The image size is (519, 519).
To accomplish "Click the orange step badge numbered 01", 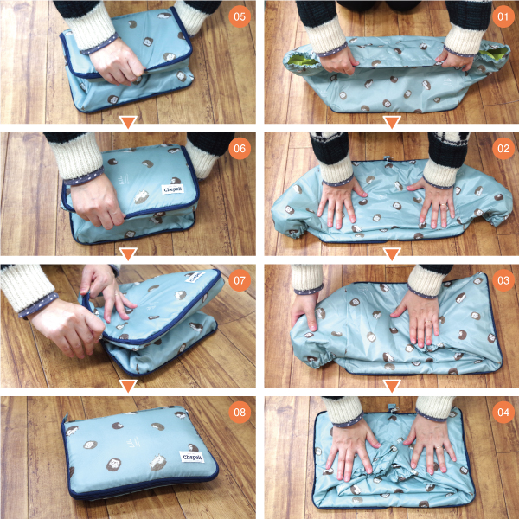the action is click(503, 16).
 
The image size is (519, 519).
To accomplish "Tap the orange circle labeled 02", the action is click(503, 148).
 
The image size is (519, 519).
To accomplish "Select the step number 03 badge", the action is click(503, 280).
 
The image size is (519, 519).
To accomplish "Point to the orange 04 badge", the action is click(503, 412).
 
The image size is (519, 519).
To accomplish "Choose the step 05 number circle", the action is click(240, 16).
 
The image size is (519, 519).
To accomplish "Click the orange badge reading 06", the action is click(240, 148).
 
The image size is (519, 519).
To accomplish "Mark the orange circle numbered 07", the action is click(240, 280).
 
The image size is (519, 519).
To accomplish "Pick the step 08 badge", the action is click(240, 412).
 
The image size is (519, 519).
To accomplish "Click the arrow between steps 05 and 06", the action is click(128, 122).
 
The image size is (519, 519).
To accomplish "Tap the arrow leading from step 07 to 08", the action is click(128, 386).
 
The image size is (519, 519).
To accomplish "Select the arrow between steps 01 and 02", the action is click(392, 122).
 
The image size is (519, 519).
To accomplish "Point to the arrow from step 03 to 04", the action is click(392, 386).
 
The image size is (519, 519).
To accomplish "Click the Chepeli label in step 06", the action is click(173, 189).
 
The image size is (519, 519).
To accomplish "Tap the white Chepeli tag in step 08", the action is click(191, 457).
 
